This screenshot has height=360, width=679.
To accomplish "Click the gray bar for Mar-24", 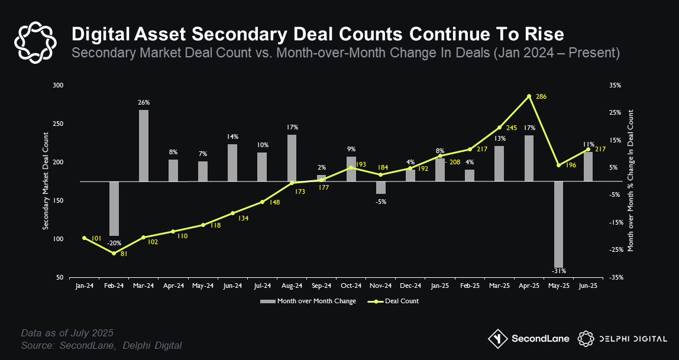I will click(x=144, y=146).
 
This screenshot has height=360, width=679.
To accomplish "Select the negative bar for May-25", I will click(x=558, y=225).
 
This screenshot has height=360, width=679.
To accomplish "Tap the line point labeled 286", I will click(x=529, y=96).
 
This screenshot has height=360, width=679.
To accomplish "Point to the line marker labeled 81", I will click(x=114, y=253).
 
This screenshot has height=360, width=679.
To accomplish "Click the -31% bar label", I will click(x=559, y=271).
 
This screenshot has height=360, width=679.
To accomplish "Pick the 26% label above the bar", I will click(x=144, y=103).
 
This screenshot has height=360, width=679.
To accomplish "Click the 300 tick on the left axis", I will click(x=57, y=86).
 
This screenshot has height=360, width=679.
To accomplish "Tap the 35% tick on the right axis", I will click(x=615, y=86).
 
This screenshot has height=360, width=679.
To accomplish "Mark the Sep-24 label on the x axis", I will click(x=321, y=286).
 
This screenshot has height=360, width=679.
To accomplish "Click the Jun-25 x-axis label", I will click(x=588, y=286).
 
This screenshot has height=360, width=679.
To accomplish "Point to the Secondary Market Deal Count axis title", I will click(x=46, y=181).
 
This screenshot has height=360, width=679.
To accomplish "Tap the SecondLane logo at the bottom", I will click(x=528, y=339).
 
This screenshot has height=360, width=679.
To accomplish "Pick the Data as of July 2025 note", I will click(x=67, y=333).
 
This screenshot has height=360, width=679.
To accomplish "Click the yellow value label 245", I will click(x=511, y=127).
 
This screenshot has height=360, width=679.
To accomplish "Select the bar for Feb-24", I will click(x=114, y=209).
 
